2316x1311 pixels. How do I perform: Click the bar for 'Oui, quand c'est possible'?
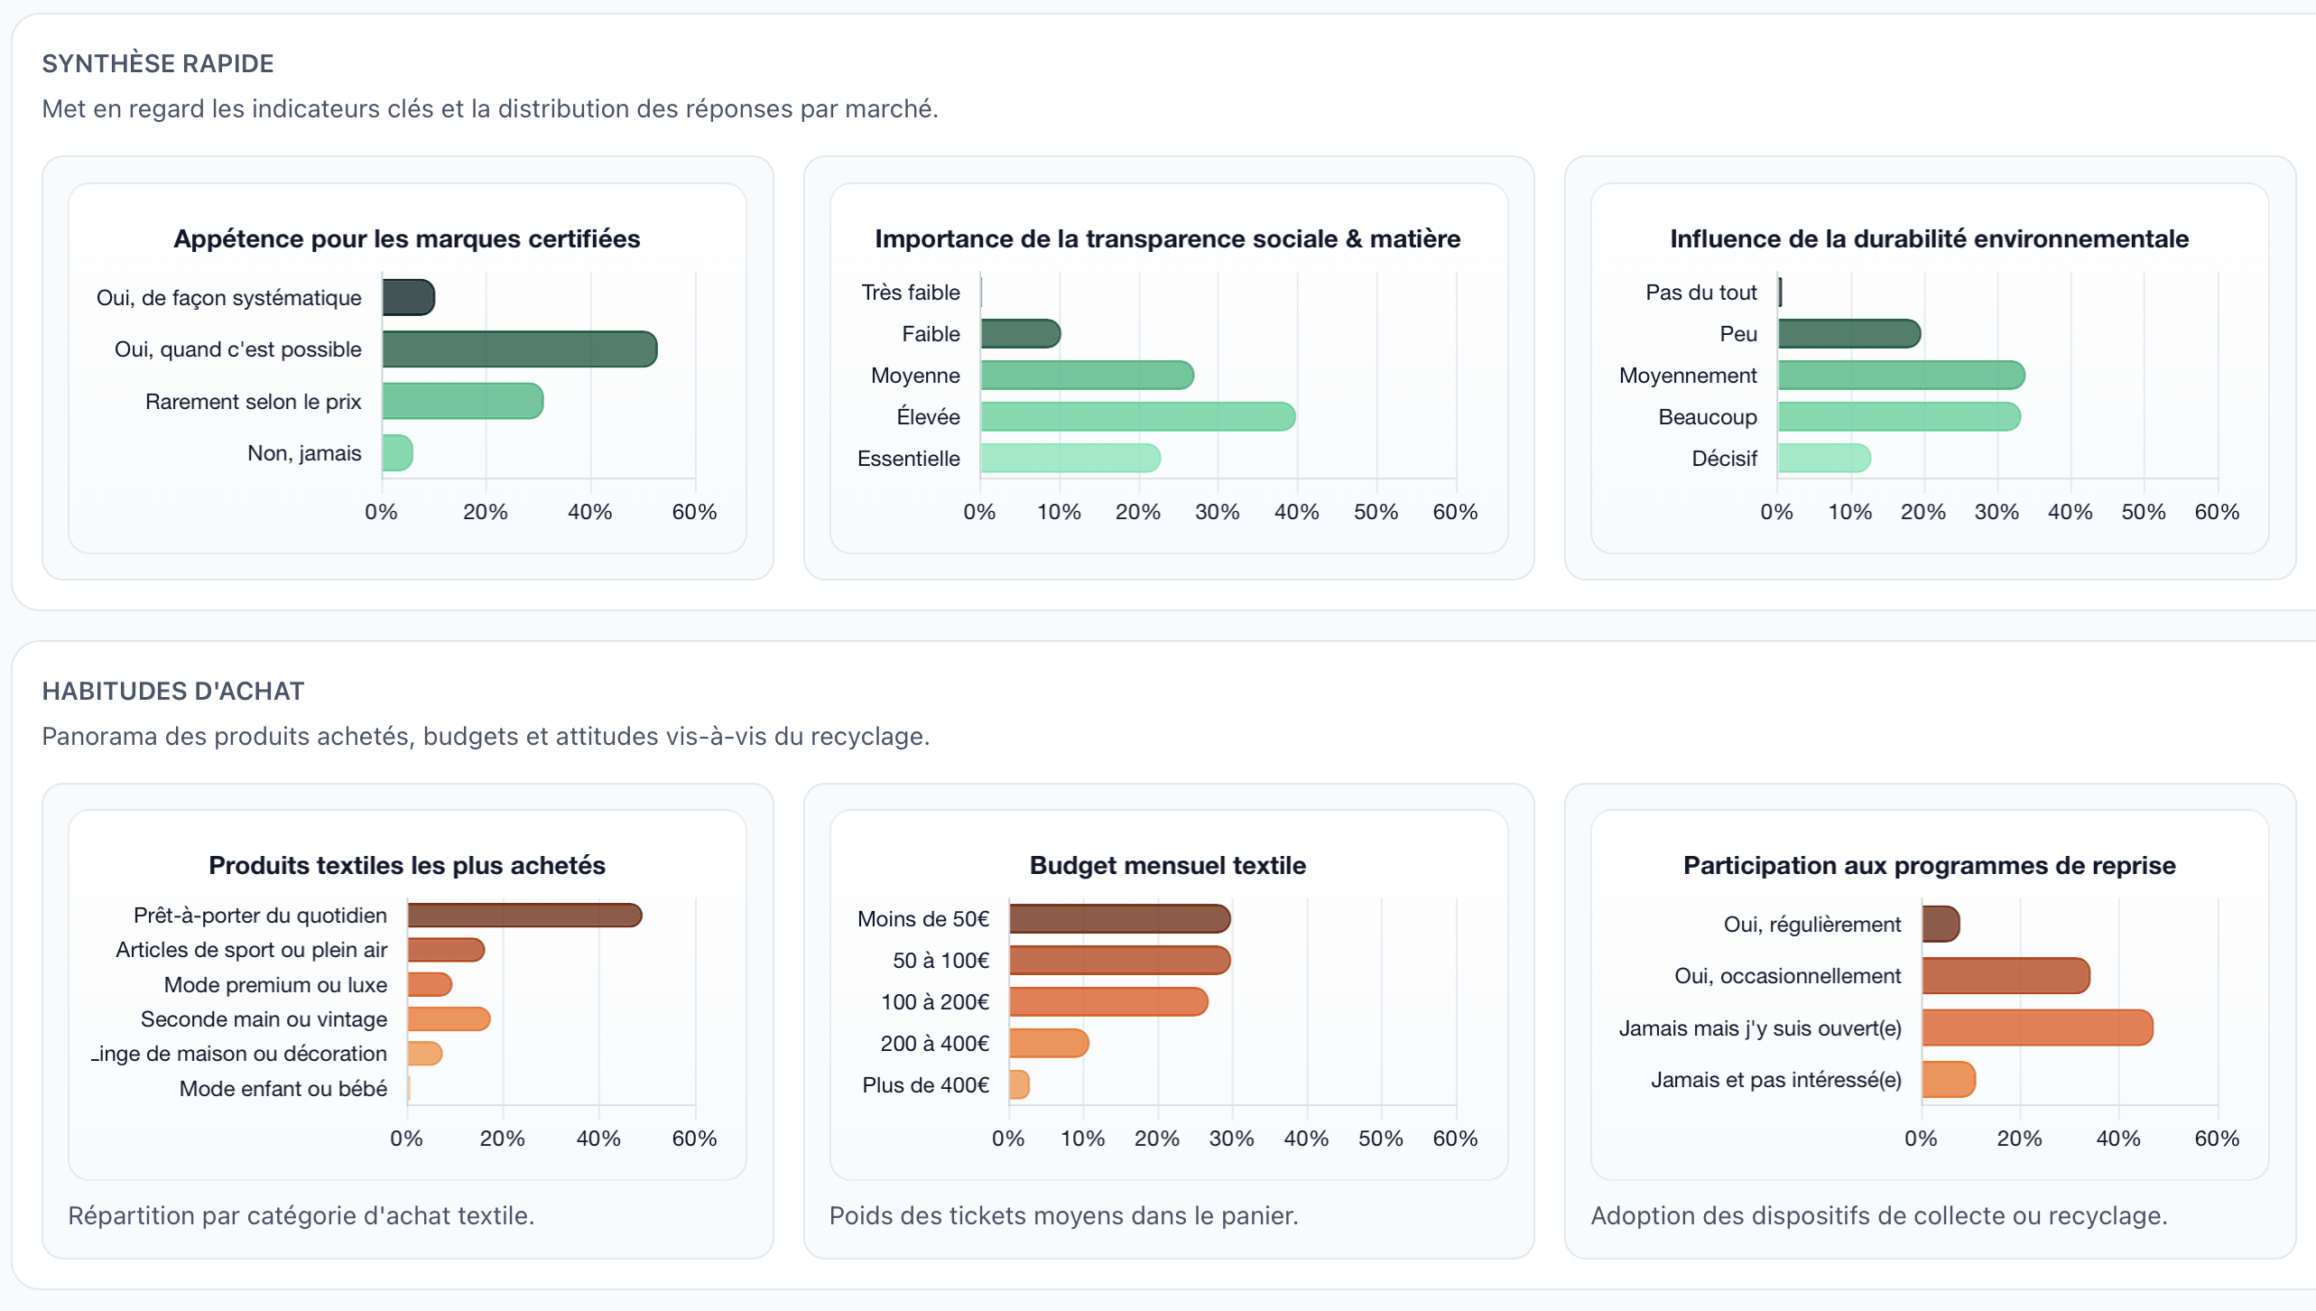[519, 349]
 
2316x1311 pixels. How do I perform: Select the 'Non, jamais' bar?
[397, 453]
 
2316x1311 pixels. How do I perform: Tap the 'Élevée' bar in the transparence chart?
[1137, 417]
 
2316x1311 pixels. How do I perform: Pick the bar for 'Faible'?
[1020, 334]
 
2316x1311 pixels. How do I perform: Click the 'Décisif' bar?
[1824, 459]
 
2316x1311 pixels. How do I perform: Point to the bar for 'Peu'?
[1848, 334]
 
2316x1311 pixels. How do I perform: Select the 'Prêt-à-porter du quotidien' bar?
[524, 916]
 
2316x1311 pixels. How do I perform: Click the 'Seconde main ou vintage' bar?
[449, 1019]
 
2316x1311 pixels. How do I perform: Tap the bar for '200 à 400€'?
[1049, 1044]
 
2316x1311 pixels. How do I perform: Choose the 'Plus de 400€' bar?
[1019, 1085]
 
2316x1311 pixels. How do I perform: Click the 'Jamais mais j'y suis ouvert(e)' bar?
[2037, 1028]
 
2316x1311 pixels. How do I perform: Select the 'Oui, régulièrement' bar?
[1941, 925]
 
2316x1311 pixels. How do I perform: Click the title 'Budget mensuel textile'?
[1168, 866]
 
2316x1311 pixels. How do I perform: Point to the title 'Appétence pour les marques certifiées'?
[407, 239]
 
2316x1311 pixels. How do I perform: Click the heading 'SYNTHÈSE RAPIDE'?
[158, 64]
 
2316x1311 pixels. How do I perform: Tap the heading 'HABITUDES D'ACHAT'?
[173, 692]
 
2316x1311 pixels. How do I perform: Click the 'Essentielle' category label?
[908, 459]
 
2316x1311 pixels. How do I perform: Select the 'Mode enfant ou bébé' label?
[283, 1089]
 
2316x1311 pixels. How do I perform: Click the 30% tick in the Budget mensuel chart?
[1231, 1139]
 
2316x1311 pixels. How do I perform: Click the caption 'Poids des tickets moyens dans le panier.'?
[1063, 1216]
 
